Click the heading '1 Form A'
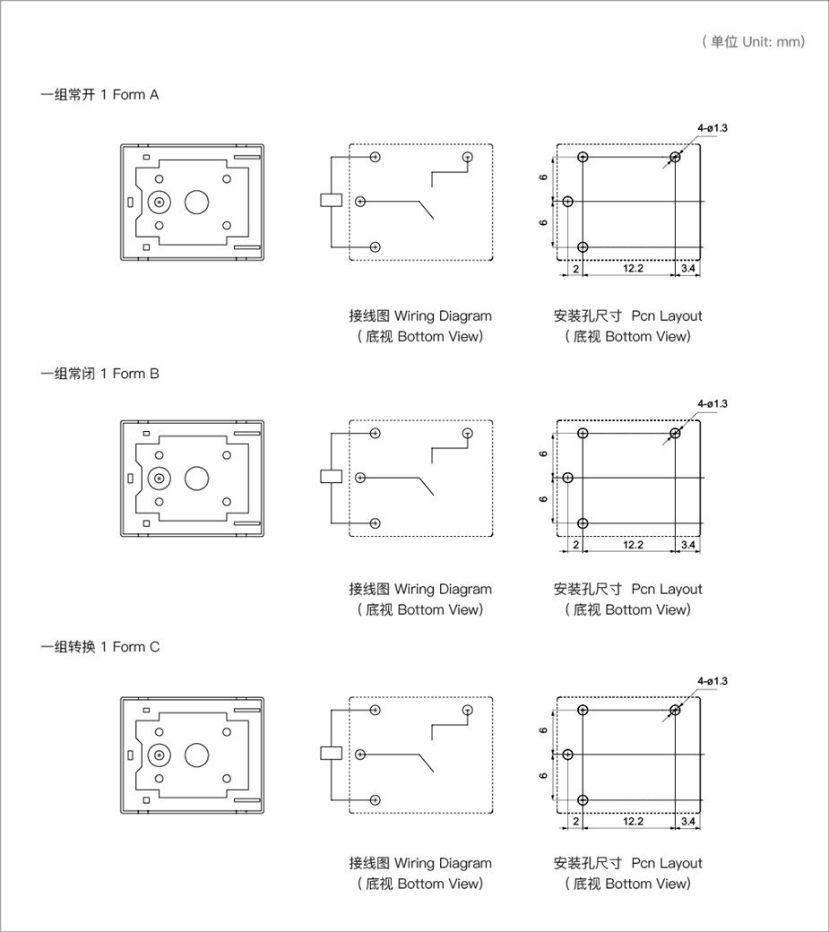[130, 94]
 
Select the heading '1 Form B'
[130, 374]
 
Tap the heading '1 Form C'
[130, 647]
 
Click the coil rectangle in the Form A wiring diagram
[331, 201]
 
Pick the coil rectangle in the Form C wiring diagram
[331, 753]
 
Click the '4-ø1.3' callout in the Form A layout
[712, 128]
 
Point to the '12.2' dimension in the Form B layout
[633, 545]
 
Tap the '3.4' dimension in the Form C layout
[687, 821]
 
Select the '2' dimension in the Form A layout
[576, 269]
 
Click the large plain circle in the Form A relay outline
[196, 203]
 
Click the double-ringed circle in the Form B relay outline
[159, 479]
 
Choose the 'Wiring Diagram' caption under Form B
[443, 590]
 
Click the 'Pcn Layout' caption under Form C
[667, 863]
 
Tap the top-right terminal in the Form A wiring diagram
[468, 157]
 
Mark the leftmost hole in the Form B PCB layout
[568, 478]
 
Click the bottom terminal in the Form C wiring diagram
[375, 800]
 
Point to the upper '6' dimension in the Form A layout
[543, 177]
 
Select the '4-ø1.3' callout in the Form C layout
[712, 680]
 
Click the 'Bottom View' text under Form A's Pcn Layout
[647, 336]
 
